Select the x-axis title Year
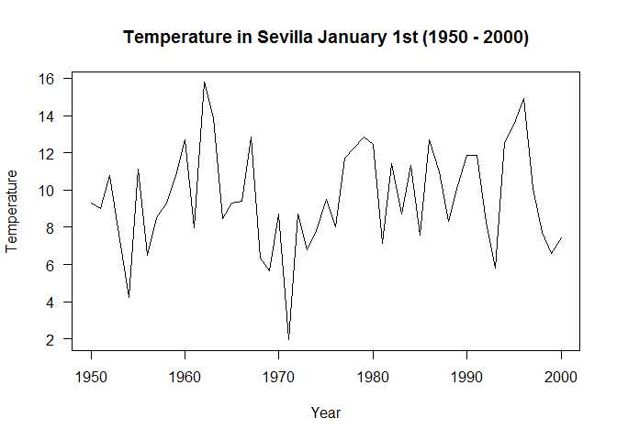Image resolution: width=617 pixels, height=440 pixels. tap(326, 412)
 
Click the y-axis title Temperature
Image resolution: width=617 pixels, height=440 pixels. tap(12, 210)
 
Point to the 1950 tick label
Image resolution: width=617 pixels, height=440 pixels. tap(91, 376)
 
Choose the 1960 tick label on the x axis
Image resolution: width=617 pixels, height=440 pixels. tap(185, 376)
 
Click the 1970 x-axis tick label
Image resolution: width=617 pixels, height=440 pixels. tap(279, 376)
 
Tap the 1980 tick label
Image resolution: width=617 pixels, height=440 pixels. tap(373, 376)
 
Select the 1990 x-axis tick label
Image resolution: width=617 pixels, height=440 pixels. tap(467, 376)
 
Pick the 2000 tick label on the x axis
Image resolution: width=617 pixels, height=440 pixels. tap(561, 376)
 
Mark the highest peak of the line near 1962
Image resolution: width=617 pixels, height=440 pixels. tap(204, 82)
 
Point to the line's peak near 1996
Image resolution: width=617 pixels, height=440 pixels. tap(523, 99)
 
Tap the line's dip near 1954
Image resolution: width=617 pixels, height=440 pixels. tap(129, 297)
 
